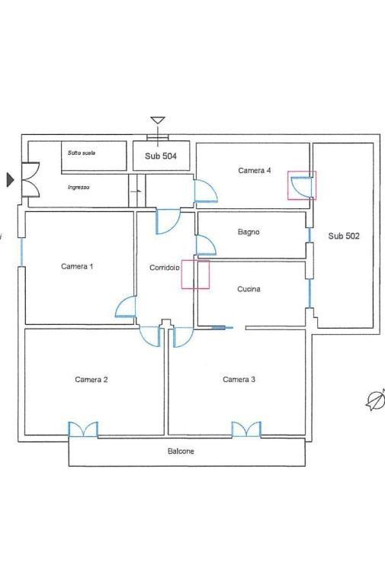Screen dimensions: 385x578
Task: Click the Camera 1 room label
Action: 77,266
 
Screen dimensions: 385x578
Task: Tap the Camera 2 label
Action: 91,379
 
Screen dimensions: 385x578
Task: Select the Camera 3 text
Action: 239,379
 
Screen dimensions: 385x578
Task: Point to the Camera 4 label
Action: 255,170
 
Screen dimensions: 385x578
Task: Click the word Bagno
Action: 249,232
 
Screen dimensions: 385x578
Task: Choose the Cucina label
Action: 249,289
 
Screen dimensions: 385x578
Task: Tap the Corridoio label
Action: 165,268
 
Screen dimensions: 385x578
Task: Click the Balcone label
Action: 181,451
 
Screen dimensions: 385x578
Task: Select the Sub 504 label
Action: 161,156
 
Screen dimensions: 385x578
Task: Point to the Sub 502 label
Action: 344,236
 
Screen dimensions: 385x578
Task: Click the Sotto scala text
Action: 82,153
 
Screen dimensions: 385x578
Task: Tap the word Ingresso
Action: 79,188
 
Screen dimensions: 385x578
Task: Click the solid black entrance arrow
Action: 11,180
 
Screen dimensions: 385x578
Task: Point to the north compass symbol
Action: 375,400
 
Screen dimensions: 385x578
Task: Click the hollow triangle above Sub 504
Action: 158,120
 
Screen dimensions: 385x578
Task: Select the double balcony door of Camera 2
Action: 83,430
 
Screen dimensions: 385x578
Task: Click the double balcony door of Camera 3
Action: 246,430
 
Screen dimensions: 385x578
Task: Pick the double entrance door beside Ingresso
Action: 30,179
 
